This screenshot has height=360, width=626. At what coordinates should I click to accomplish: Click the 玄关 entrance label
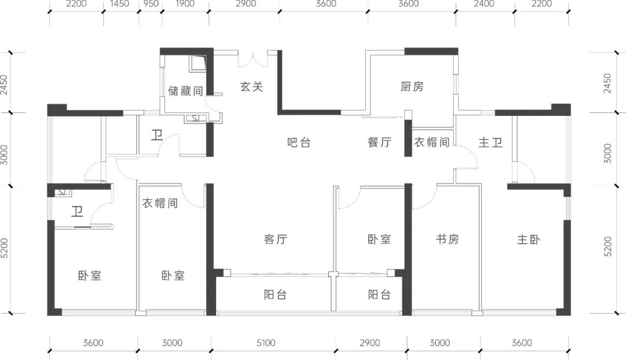(252, 86)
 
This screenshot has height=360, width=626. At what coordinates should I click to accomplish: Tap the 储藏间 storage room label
(185, 90)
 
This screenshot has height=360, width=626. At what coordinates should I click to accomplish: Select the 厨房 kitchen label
(412, 86)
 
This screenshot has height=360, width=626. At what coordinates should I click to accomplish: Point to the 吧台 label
(299, 142)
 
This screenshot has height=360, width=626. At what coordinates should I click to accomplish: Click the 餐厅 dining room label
(379, 142)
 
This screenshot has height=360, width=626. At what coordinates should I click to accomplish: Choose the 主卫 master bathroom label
(490, 142)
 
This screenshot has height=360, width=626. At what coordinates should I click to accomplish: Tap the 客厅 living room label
(275, 239)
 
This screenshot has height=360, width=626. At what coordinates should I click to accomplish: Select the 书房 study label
(447, 239)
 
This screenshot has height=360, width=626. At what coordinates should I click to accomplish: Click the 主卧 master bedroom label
(529, 239)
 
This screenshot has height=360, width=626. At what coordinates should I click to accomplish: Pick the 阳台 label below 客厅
(275, 294)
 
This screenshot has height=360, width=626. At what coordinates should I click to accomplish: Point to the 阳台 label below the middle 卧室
(379, 294)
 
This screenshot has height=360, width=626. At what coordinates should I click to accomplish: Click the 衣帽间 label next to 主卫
(432, 142)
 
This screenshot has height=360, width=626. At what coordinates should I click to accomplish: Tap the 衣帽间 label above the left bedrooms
(160, 203)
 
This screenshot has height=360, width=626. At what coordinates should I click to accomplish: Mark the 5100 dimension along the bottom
(266, 343)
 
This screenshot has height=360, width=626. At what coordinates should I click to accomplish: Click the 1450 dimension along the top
(119, 4)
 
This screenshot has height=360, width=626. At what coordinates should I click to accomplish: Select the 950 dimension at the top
(151, 4)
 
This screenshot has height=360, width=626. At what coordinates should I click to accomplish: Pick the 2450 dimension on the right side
(607, 83)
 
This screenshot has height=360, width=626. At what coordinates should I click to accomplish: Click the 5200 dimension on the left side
(5, 248)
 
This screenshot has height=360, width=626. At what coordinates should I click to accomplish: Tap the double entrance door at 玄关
(253, 59)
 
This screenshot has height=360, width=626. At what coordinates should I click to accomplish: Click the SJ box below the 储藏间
(196, 118)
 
